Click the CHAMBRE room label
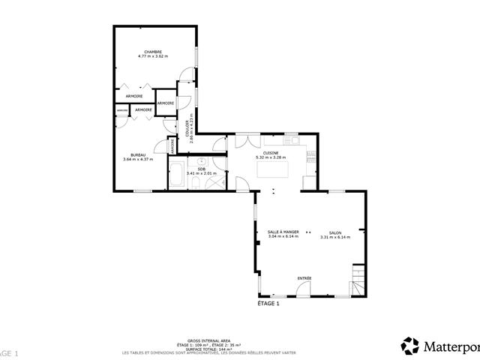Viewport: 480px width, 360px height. [154, 52]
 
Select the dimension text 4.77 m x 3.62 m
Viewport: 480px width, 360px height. [154, 56]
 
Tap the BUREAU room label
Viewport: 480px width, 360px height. [138, 154]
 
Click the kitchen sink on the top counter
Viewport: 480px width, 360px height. [291, 140]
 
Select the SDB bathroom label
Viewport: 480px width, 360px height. [201, 169]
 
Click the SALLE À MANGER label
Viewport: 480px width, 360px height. [283, 232]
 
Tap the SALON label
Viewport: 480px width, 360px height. [334, 232]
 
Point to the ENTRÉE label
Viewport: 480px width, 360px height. [304, 278]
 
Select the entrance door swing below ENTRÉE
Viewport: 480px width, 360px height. [304, 291]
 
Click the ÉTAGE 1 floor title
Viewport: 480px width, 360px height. [268, 304]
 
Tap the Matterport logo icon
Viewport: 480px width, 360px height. [410, 346]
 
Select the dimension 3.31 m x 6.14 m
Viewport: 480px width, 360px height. [334, 237]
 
